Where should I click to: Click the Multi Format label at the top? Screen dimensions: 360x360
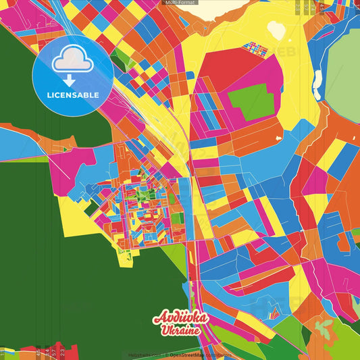(180, 3)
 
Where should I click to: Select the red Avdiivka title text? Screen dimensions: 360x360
(180, 318)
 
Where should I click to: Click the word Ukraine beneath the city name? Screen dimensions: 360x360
(180, 332)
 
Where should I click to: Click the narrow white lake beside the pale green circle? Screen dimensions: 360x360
(317, 82)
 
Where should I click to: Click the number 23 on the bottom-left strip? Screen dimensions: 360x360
(61, 351)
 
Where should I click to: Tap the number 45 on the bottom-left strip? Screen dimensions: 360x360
(38, 351)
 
